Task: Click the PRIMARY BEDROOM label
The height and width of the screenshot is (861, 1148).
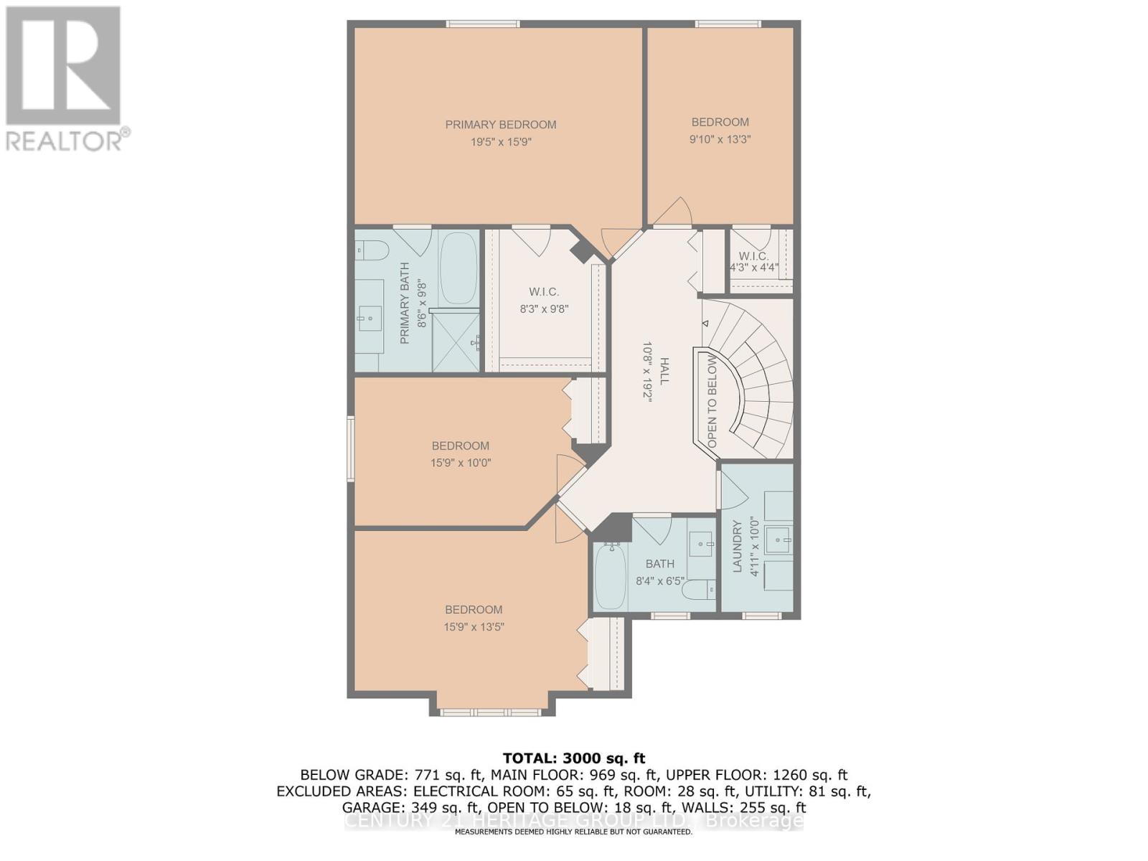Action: tap(501, 125)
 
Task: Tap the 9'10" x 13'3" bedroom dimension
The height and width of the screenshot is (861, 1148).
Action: tap(720, 140)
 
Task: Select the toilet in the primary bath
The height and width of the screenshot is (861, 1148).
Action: tap(372, 250)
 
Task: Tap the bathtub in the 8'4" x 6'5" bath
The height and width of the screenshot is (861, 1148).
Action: tap(609, 576)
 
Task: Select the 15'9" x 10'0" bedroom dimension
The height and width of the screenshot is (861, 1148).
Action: tap(461, 463)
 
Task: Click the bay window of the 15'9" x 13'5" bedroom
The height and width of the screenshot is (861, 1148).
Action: tap(490, 712)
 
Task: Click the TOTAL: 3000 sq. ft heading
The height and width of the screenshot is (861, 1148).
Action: tap(574, 758)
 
